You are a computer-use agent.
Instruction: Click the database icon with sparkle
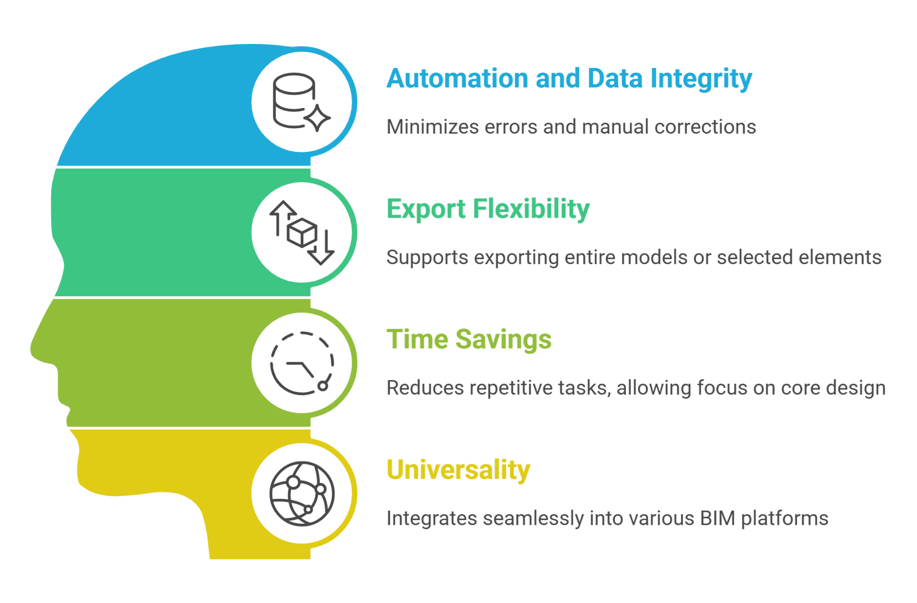[301, 102]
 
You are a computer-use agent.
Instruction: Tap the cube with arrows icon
[301, 233]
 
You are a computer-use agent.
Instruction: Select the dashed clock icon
[301, 363]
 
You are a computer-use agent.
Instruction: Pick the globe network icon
[301, 494]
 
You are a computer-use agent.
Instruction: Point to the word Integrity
[701, 79]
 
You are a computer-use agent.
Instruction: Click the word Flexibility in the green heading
[531, 209]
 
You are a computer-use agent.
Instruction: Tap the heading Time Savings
[468, 339]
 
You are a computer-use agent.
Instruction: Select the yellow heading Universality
[458, 470]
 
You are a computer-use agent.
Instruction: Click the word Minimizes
[432, 127]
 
